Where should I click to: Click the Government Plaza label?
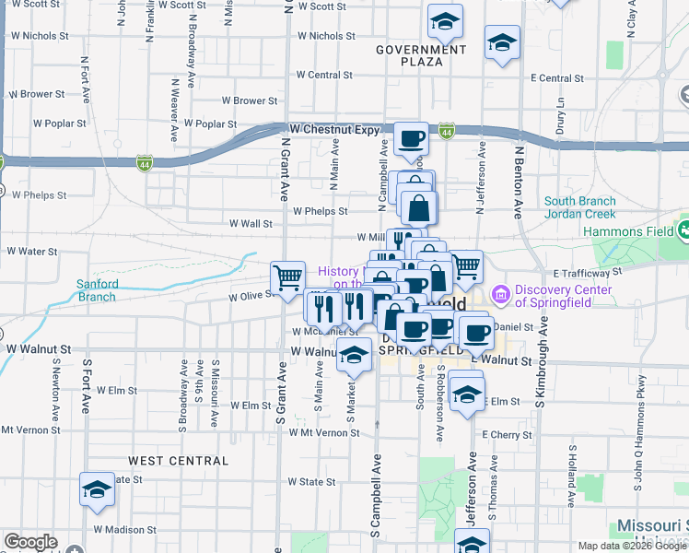click(x=421, y=55)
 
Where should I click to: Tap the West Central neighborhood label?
click(x=177, y=460)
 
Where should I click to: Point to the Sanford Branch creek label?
click(x=96, y=290)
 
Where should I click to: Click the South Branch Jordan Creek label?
click(x=590, y=207)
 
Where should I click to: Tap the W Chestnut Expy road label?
click(x=333, y=130)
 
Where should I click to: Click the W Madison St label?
click(x=125, y=530)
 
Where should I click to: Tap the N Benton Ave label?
click(x=519, y=181)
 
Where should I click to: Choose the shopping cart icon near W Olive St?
click(x=287, y=275)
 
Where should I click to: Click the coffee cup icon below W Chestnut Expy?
click(x=411, y=139)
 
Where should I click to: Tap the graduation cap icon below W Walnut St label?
click(x=353, y=355)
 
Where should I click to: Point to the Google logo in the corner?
click(x=29, y=542)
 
